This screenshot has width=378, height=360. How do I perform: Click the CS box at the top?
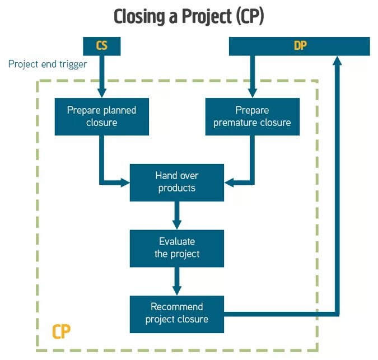click(101, 46)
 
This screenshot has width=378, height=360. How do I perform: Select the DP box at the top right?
click(300, 46)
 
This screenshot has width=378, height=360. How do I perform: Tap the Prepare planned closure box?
click(101, 116)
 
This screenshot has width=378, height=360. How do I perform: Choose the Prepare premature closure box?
click(252, 116)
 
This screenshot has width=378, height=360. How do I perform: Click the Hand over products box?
click(176, 182)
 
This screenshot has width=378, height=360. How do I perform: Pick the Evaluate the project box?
click(176, 248)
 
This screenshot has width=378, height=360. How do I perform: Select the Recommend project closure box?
click(176, 314)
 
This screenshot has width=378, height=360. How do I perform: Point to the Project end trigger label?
click(48, 64)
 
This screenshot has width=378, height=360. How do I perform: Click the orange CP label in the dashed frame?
click(62, 332)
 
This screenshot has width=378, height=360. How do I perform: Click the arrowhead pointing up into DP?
click(337, 61)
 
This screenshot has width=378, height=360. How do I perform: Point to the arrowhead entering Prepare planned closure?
click(101, 93)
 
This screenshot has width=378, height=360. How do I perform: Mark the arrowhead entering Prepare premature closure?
click(252, 93)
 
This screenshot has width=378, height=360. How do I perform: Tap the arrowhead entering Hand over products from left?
click(124, 182)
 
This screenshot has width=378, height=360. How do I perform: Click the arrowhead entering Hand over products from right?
click(230, 182)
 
